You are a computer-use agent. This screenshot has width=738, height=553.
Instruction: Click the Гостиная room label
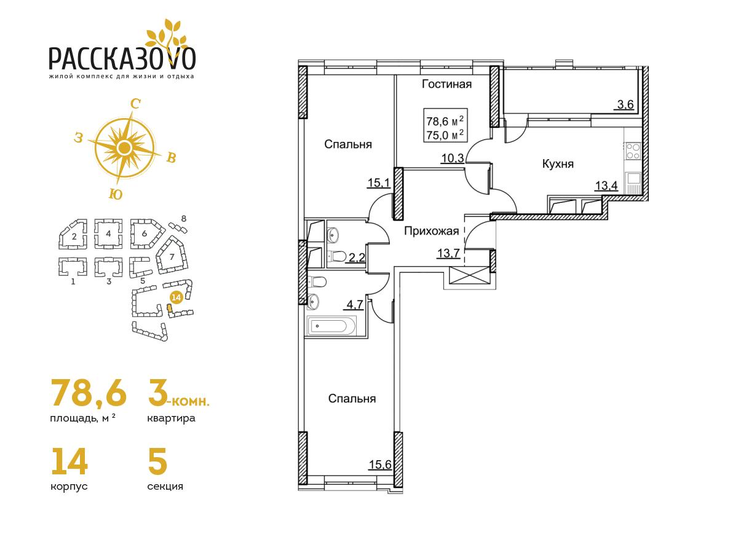click(x=446, y=84)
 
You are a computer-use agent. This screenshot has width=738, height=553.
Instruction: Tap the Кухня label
click(x=558, y=164)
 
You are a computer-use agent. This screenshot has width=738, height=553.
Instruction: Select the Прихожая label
click(x=431, y=231)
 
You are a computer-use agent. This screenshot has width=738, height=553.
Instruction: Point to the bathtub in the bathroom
click(x=331, y=326)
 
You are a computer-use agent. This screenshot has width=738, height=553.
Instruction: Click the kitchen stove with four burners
click(x=633, y=151)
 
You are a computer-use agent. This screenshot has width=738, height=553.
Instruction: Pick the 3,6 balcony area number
click(x=625, y=104)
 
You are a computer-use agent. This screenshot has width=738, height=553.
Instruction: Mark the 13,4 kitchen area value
click(x=606, y=186)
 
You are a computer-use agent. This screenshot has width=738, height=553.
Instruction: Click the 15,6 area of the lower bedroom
click(x=380, y=465)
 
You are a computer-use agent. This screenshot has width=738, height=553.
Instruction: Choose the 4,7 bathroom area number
click(x=355, y=305)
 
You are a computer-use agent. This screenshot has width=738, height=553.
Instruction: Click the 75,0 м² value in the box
click(x=445, y=135)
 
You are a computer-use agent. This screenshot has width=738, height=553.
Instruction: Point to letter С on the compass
click(x=135, y=104)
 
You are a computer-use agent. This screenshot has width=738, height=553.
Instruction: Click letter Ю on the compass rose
click(x=116, y=194)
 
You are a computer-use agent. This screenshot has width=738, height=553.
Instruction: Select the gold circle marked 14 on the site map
click(x=177, y=297)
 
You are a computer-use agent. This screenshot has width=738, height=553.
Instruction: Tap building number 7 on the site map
click(x=172, y=257)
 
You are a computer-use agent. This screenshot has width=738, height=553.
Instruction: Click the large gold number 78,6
click(x=89, y=392)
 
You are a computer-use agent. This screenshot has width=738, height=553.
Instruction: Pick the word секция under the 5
click(x=165, y=487)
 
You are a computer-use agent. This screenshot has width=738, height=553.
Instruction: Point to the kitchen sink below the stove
click(x=633, y=182)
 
